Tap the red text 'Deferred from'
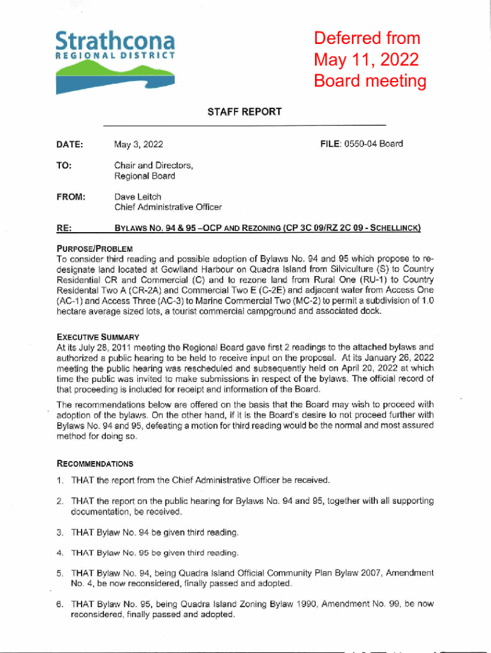tap(367, 38)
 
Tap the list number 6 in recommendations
tap(59, 604)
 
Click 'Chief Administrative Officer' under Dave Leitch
tap(168, 207)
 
